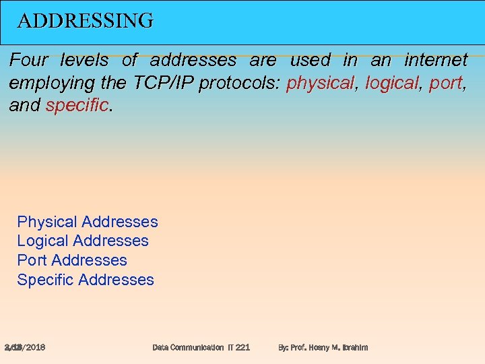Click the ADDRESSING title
[85, 21]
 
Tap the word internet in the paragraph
[436, 61]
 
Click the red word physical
[319, 83]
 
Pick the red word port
[445, 83]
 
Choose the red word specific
[77, 105]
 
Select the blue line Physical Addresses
[88, 222]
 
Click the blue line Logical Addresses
[83, 241]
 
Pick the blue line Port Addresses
[72, 260]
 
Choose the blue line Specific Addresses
[86, 280]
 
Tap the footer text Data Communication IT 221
[201, 347]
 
